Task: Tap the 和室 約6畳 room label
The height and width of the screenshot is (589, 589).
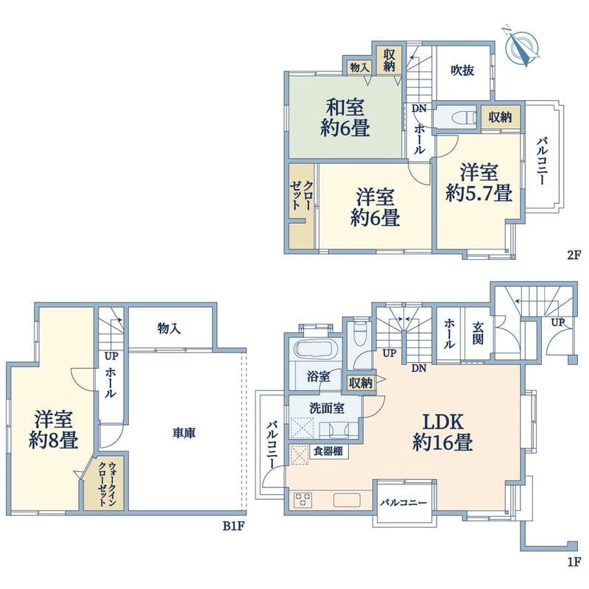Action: pyautogui.click(x=345, y=118)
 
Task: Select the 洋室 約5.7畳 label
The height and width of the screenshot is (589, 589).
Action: pyautogui.click(x=479, y=183)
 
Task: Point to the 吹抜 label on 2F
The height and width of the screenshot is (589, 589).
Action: pyautogui.click(x=462, y=71)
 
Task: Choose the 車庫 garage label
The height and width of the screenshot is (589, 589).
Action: pyautogui.click(x=185, y=434)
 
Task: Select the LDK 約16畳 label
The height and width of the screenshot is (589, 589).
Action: pyautogui.click(x=442, y=432)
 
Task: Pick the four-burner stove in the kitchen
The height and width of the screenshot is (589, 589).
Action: pyautogui.click(x=303, y=501)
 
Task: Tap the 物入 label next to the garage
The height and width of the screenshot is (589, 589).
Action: pyautogui.click(x=169, y=329)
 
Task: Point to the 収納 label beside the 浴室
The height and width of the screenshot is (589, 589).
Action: pyautogui.click(x=361, y=382)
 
